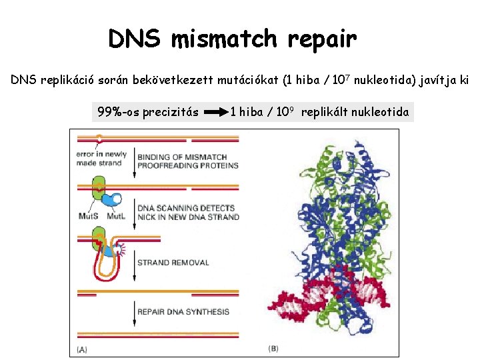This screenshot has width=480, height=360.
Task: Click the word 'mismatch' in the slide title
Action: click(x=225, y=39)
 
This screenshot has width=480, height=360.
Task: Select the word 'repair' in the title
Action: click(x=323, y=41)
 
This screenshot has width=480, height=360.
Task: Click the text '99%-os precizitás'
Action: click(x=148, y=111)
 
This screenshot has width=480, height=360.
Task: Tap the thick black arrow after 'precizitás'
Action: click(x=215, y=112)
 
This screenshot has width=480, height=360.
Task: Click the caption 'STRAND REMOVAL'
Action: click(x=173, y=263)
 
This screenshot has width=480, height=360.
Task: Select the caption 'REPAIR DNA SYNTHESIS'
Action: click(x=183, y=311)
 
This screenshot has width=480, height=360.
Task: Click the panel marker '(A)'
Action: click(x=82, y=349)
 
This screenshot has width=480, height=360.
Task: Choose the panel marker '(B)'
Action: click(x=273, y=349)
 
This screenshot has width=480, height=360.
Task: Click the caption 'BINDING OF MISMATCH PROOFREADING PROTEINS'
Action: click(x=178, y=161)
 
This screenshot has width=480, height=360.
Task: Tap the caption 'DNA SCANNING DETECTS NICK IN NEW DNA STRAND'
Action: click(x=187, y=213)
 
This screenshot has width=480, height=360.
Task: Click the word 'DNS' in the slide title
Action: click(x=135, y=39)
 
